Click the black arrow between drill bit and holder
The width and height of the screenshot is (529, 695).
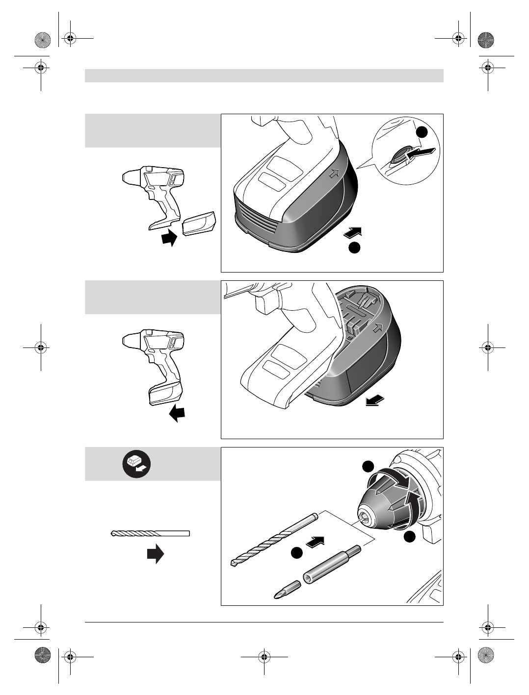coord(316,542)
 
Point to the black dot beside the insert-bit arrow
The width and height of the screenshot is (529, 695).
coord(296,553)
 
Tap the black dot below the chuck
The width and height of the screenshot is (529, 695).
coord(410,537)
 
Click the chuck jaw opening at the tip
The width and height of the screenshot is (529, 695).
coord(364,516)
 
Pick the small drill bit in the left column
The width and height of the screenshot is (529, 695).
coord(150,533)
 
